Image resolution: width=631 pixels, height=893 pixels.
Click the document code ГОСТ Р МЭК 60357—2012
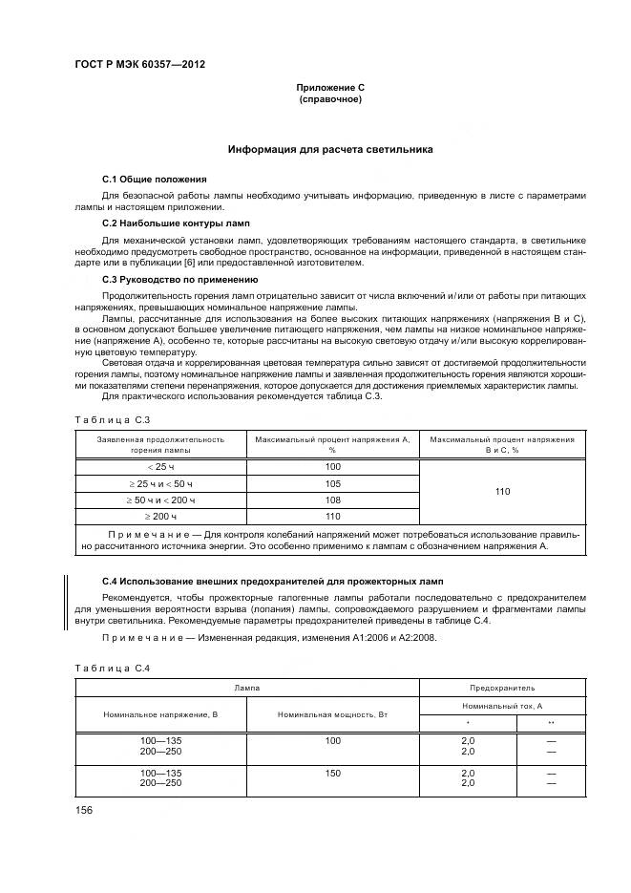coord(139,65)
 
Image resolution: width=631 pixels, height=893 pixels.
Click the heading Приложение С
coord(330,88)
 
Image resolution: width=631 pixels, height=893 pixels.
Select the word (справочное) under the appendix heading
coord(330,99)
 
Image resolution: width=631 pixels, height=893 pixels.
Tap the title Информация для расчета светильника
coord(330,150)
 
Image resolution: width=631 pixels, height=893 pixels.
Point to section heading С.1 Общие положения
coord(154,180)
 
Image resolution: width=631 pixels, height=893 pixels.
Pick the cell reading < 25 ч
coord(160,467)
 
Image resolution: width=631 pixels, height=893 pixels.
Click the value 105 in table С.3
coord(332,484)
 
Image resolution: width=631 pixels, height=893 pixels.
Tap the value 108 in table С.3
coord(332,500)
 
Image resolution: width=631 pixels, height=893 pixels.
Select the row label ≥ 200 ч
coord(160,517)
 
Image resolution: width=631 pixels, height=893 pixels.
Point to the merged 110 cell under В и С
coord(502,492)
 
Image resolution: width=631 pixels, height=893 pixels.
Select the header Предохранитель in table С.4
coord(502,688)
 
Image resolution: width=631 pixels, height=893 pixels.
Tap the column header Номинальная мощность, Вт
coord(332,714)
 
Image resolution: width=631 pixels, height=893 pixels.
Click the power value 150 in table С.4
coord(332,773)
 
